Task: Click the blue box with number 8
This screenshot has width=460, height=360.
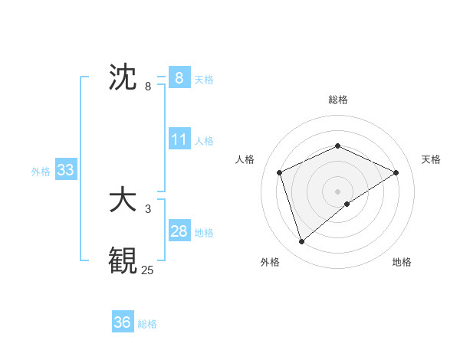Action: tap(179, 77)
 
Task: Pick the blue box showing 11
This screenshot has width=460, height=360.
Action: tap(179, 140)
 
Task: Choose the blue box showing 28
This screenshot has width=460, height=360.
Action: tap(179, 231)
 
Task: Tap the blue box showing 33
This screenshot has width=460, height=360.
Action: tap(65, 170)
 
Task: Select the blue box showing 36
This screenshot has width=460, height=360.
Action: tap(122, 322)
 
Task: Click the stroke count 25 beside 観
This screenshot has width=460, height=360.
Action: tap(147, 270)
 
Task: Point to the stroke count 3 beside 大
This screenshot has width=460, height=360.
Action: tap(148, 208)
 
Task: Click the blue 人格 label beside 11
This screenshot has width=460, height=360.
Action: tap(204, 141)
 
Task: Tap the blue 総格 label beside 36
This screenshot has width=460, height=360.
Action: tap(147, 323)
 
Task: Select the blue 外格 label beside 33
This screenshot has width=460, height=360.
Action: tap(41, 172)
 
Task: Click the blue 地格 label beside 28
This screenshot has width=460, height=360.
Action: tap(204, 232)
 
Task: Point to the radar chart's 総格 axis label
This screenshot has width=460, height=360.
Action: tap(337, 100)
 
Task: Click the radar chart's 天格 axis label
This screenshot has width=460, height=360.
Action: tap(432, 159)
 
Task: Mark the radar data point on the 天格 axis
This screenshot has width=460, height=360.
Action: tap(396, 172)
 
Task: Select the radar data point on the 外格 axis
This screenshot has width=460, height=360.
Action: tap(301, 242)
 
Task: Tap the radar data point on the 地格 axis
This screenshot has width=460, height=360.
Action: tap(347, 204)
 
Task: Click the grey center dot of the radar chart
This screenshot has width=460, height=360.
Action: tap(337, 191)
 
